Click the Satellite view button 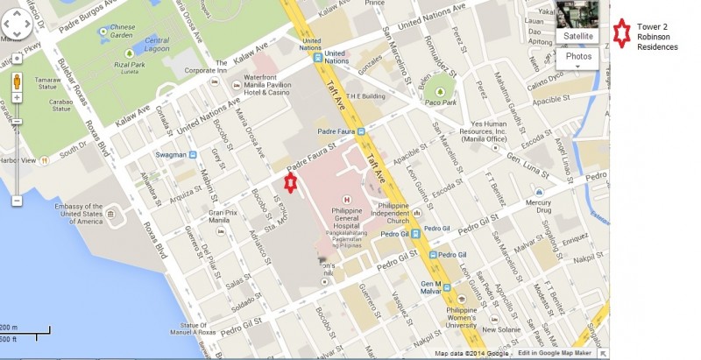(577, 36)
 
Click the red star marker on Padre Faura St (291, 181)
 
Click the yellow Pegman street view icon (16, 83)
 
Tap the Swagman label (170, 155)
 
